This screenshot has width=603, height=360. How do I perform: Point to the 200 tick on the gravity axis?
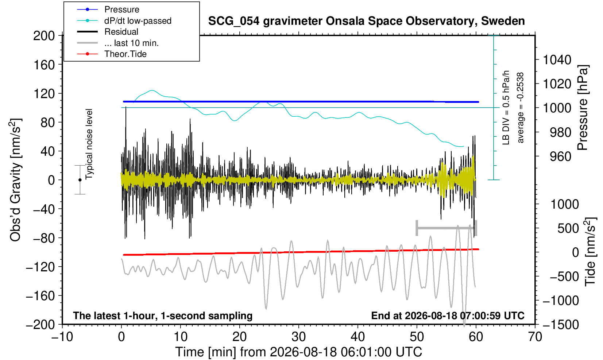tap(44, 36)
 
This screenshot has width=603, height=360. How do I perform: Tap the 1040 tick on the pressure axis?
tap(557, 59)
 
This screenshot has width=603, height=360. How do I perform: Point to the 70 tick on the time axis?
tap(535, 337)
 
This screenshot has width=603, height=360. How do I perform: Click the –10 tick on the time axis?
tap(62, 337)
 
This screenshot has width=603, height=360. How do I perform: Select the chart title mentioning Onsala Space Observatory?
tap(366, 21)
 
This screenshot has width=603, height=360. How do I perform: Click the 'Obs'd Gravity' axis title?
tap(15, 180)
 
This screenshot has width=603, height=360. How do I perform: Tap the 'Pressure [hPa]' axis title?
tap(583, 108)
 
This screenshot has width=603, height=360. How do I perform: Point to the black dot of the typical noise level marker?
tap(80, 180)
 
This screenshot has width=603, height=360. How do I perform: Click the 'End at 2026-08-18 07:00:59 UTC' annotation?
tap(448, 316)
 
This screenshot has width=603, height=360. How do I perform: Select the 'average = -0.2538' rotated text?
tap(521, 108)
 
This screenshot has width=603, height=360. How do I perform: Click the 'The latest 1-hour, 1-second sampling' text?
tap(163, 316)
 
